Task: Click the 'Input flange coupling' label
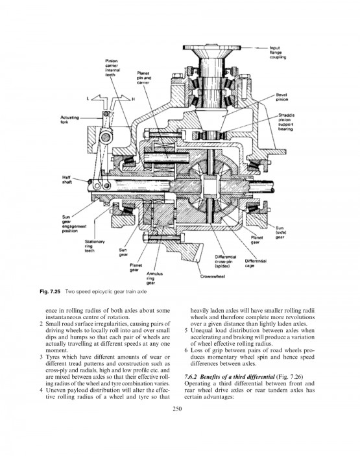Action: (278, 53)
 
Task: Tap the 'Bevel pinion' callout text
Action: (282, 97)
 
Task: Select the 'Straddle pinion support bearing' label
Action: (286, 122)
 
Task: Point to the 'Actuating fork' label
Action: (69, 120)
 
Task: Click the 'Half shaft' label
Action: (67, 180)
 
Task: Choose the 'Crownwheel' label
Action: (213, 276)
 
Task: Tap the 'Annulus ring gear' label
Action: (154, 278)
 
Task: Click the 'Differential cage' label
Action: (256, 263)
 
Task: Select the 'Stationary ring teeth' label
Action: (95, 246)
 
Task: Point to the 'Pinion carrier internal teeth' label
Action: (112, 67)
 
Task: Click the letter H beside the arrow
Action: (134, 99)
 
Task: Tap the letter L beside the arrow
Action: (88, 99)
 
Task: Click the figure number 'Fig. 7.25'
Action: (50, 291)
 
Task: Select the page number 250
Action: (177, 409)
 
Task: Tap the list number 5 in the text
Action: (186, 331)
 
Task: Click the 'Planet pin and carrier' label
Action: (144, 78)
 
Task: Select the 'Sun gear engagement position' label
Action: (74, 224)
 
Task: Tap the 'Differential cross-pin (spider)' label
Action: (225, 261)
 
